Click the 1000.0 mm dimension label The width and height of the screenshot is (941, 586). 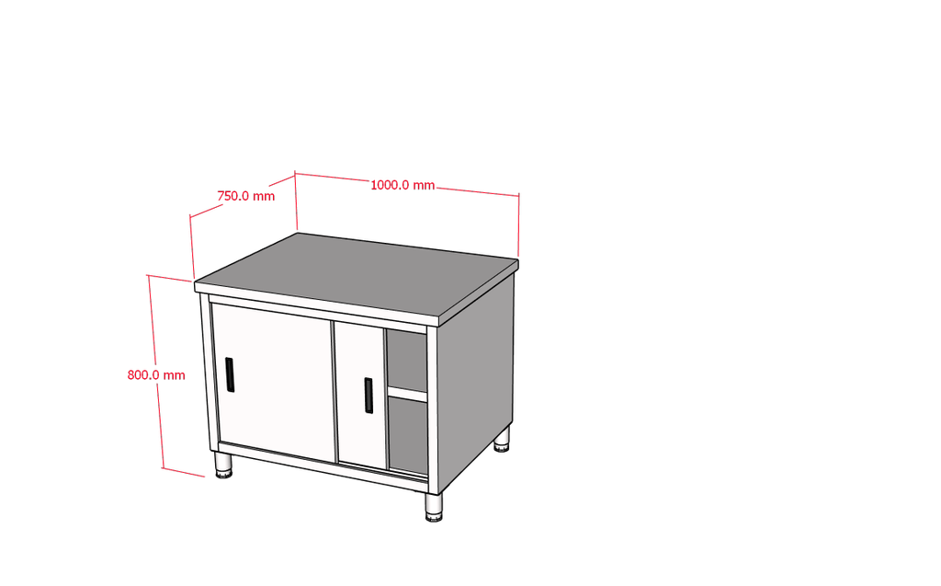coord(402,185)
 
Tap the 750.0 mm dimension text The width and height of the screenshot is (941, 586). coord(246,196)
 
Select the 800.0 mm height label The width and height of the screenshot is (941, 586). coord(156,375)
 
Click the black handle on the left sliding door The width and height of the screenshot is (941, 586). coord(229,374)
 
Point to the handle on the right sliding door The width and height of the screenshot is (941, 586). coord(368,395)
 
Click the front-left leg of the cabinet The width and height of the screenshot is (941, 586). coord(224,465)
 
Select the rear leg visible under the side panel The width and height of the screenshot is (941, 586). coord(503,440)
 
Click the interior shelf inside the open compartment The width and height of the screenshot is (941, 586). coord(407,394)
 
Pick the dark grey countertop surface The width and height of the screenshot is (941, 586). coord(357,272)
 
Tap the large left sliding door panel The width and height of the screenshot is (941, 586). coord(274,381)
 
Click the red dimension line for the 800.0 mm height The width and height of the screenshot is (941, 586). coord(155,372)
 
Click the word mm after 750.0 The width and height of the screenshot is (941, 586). coord(264,197)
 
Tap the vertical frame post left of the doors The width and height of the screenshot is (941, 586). coord(207,373)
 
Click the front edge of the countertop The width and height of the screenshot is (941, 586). coord(318,304)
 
